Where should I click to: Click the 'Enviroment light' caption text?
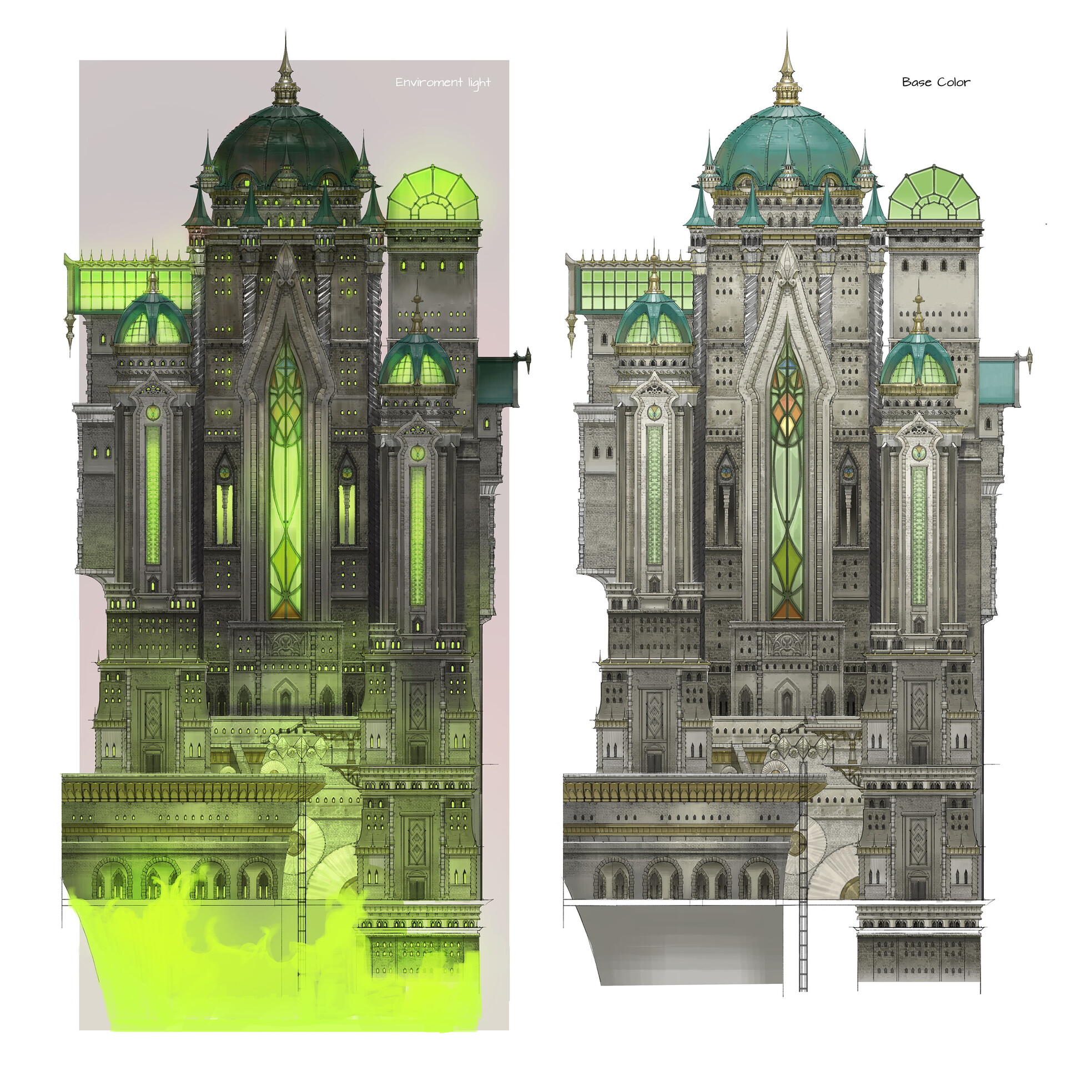(443, 83)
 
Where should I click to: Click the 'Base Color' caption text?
(936, 82)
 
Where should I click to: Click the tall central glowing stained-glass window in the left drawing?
(286, 472)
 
